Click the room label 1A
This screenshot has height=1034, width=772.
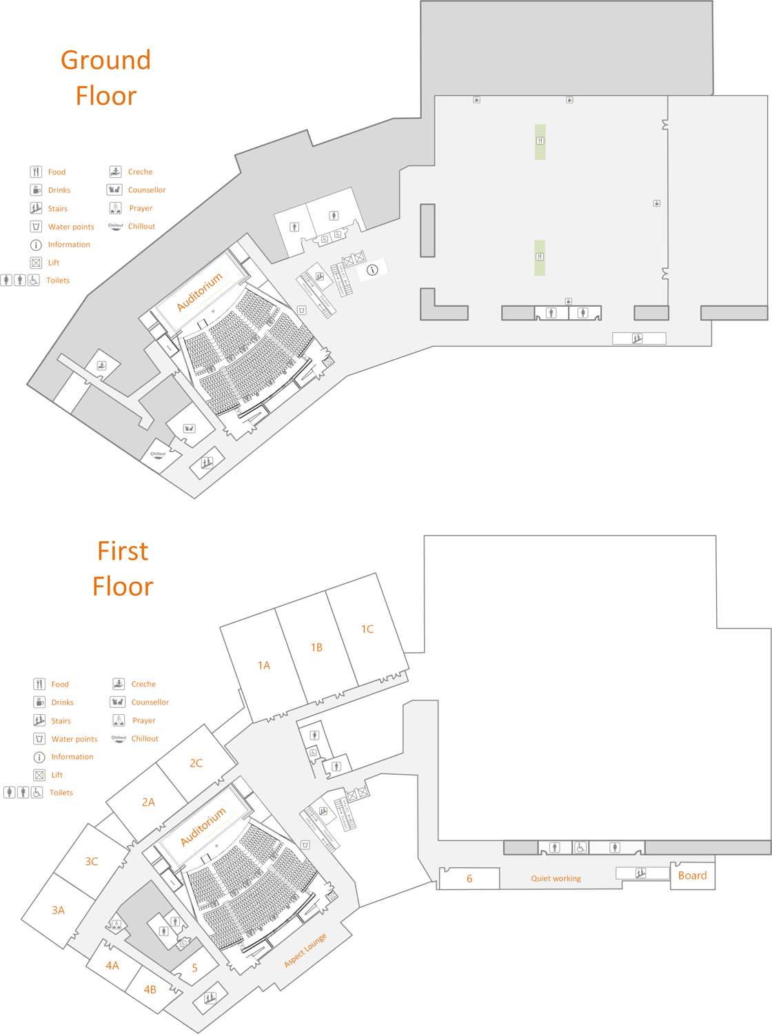[264, 665]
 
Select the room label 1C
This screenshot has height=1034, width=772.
[367, 629]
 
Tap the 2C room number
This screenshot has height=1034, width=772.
[196, 763]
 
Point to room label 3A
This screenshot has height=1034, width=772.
[59, 911]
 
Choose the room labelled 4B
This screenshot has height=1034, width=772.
[150, 989]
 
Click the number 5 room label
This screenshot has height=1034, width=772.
[195, 968]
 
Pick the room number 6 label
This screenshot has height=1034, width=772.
[469, 879]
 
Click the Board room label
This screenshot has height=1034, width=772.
[692, 875]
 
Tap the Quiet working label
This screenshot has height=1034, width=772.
[556, 879]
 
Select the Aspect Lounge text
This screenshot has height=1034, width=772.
[305, 951]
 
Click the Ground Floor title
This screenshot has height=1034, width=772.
[106, 78]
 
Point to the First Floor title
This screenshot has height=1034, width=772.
[123, 569]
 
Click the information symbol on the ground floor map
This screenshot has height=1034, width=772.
[372, 270]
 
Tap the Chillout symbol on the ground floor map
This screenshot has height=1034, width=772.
[158, 454]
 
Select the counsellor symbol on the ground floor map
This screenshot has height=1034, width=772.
[189, 428]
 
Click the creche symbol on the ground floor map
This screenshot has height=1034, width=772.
[101, 365]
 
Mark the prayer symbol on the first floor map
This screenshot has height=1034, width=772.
[116, 924]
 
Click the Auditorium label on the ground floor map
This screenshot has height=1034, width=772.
[200, 292]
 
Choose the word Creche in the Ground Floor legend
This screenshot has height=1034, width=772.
[140, 172]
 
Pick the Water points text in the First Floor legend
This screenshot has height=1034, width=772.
[74, 739]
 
